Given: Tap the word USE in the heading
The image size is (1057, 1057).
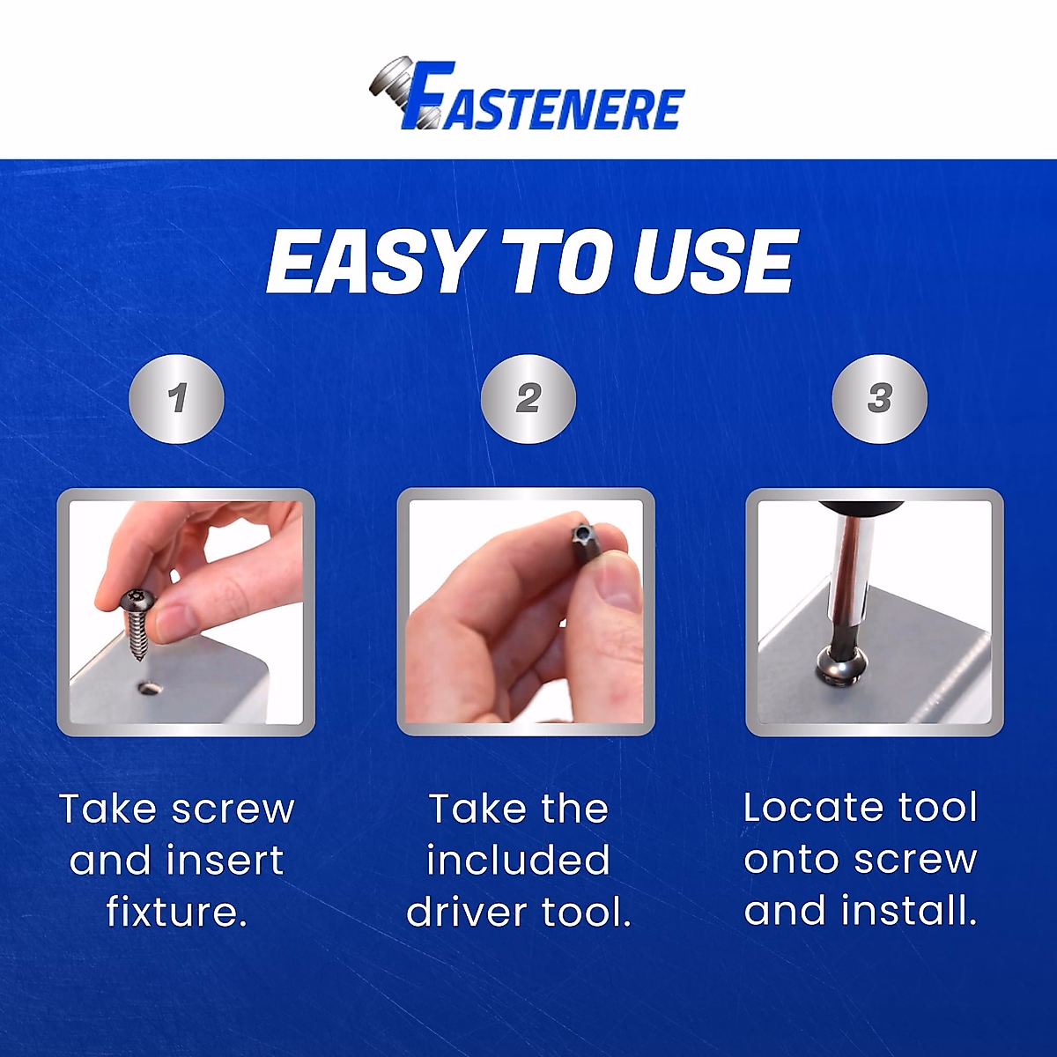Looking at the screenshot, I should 714,262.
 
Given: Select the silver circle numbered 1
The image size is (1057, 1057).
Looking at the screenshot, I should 177,398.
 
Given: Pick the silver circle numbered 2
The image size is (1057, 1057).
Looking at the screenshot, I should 528,398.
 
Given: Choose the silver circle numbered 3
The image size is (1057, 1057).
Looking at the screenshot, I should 879,398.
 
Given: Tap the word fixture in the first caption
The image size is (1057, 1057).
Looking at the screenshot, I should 175,912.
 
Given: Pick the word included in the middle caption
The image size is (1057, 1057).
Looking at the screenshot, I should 518,861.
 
